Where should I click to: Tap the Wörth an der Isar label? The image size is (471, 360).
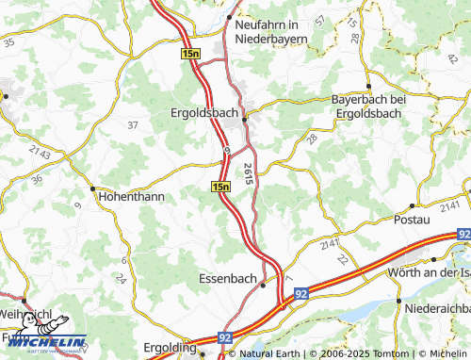pyautogui.click(x=428, y=272)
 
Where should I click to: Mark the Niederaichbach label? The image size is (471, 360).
pyautogui.click(x=435, y=308)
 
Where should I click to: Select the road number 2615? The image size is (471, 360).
pyautogui.click(x=247, y=172)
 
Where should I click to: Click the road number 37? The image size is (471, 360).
pyautogui.click(x=132, y=124)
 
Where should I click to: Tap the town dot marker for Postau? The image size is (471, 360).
pyautogui.click(x=412, y=205)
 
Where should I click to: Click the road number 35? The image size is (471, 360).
pyautogui.click(x=9, y=42)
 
